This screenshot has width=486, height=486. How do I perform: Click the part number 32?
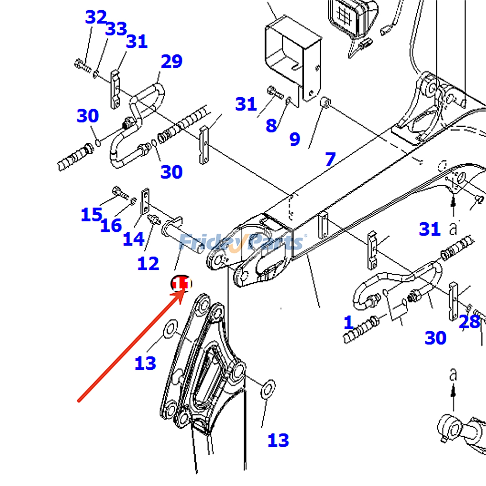tap(96, 17)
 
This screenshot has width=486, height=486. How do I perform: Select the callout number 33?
tap(116, 29)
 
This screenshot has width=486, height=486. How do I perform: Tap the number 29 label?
tap(172, 62)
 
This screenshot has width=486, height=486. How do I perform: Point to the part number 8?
tap(271, 125)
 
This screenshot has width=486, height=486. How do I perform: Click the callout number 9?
tap(295, 139)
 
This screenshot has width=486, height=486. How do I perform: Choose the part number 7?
tap(330, 159)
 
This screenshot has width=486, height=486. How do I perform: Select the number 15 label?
tap(91, 214)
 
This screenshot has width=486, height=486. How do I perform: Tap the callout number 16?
tap(111, 226)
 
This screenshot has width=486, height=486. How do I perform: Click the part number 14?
tap(133, 239)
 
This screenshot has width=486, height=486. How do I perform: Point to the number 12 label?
tap(148, 264)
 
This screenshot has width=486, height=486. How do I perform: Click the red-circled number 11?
tap(181, 284)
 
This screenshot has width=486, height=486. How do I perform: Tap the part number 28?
tap(469, 322)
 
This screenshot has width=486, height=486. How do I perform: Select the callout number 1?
tap(348, 323)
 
